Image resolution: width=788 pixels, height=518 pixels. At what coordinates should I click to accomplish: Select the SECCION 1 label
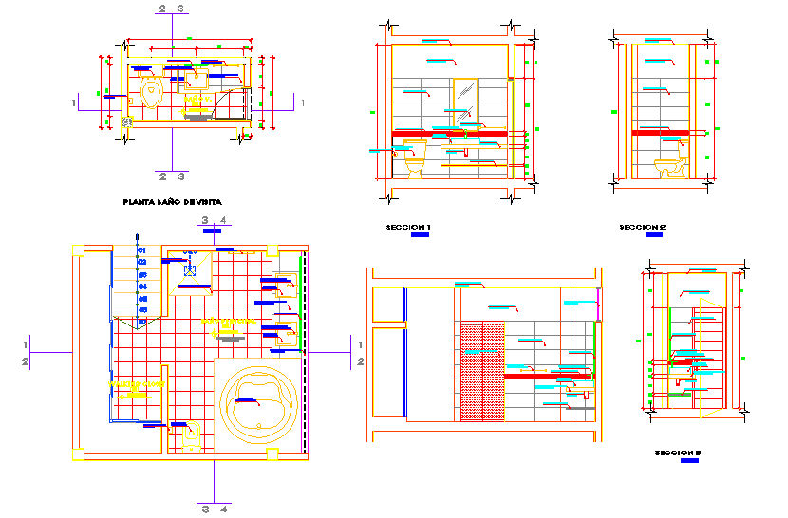click(x=408, y=228)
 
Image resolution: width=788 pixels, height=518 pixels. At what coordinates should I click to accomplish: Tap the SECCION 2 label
click(x=643, y=228)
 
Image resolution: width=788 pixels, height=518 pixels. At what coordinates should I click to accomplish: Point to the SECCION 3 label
click(x=678, y=453)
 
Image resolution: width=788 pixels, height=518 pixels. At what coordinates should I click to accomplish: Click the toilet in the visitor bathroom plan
click(x=150, y=93)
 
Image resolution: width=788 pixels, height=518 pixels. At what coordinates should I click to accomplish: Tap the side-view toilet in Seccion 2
click(x=670, y=167)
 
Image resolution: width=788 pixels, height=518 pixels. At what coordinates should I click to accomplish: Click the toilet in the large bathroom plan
click(x=192, y=435)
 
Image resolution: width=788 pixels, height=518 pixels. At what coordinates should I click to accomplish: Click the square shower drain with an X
click(x=190, y=270)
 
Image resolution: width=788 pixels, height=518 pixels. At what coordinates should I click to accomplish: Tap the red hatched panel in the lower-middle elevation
click(x=482, y=371)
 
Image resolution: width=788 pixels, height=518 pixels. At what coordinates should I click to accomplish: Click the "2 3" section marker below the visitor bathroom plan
click(x=171, y=176)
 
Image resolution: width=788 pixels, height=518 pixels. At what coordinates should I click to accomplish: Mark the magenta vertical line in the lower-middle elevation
click(x=599, y=304)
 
